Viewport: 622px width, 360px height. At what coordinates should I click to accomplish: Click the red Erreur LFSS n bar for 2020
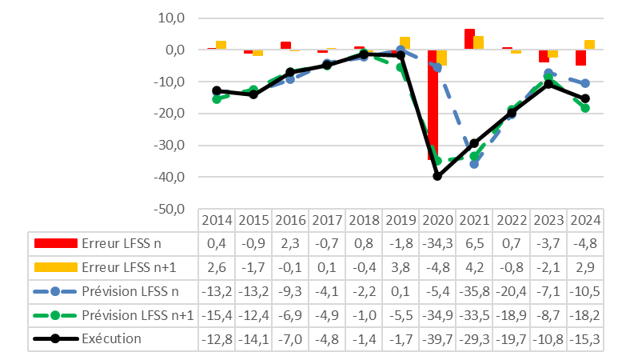tap(433, 104)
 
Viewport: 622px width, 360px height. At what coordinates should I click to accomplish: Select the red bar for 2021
tap(469, 39)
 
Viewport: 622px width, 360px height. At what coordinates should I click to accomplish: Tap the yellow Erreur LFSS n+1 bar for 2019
tap(405, 43)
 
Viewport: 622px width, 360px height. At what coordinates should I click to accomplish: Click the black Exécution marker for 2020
tap(437, 176)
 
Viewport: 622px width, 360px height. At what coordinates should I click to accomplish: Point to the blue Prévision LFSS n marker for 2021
tap(474, 163)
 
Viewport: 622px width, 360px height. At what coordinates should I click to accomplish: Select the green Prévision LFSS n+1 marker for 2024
tap(585, 108)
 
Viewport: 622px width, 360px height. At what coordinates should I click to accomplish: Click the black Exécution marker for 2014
tap(217, 90)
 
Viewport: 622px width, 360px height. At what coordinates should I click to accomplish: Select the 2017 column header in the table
tap(326, 219)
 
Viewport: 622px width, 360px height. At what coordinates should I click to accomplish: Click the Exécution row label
tap(110, 338)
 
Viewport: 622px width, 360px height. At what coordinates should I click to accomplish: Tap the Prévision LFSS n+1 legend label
tap(138, 315)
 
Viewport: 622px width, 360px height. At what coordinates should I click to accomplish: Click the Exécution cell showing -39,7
tap(437, 338)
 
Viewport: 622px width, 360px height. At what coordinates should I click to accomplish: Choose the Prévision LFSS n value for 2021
tap(473, 291)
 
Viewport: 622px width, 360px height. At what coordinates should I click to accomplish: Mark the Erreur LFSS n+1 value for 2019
tap(400, 267)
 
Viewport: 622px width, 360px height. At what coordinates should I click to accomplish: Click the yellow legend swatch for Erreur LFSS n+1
tap(55, 267)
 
